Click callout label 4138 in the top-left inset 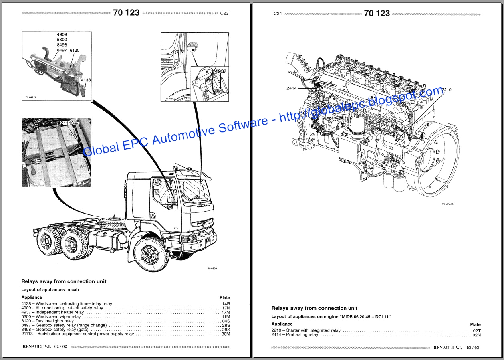point(86,80)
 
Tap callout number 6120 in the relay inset point(75,51)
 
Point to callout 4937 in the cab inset point(220,71)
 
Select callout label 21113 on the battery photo point(67,123)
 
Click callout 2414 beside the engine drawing point(291,88)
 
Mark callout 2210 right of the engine point(446,90)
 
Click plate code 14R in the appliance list point(226,304)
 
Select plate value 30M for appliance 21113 point(226,334)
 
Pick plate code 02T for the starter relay point(476,331)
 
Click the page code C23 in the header point(224,13)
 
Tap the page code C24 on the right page point(278,14)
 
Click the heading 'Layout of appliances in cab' point(50,289)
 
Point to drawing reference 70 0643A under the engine point(448,204)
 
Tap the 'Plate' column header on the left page point(225,297)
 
